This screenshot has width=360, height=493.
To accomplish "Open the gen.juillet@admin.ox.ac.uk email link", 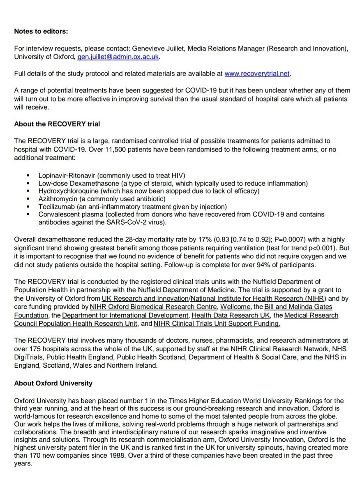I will pyautogui.click(x=118, y=57).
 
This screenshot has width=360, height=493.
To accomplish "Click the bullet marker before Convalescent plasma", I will pyautogui.click(x=28, y=214).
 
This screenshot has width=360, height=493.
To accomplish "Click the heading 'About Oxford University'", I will pyautogui.click(x=53, y=383).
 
